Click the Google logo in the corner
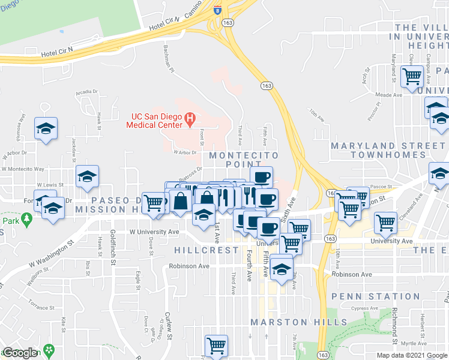pos(20,353)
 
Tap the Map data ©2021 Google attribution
pos(412,355)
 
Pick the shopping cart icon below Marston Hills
pos(216,345)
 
